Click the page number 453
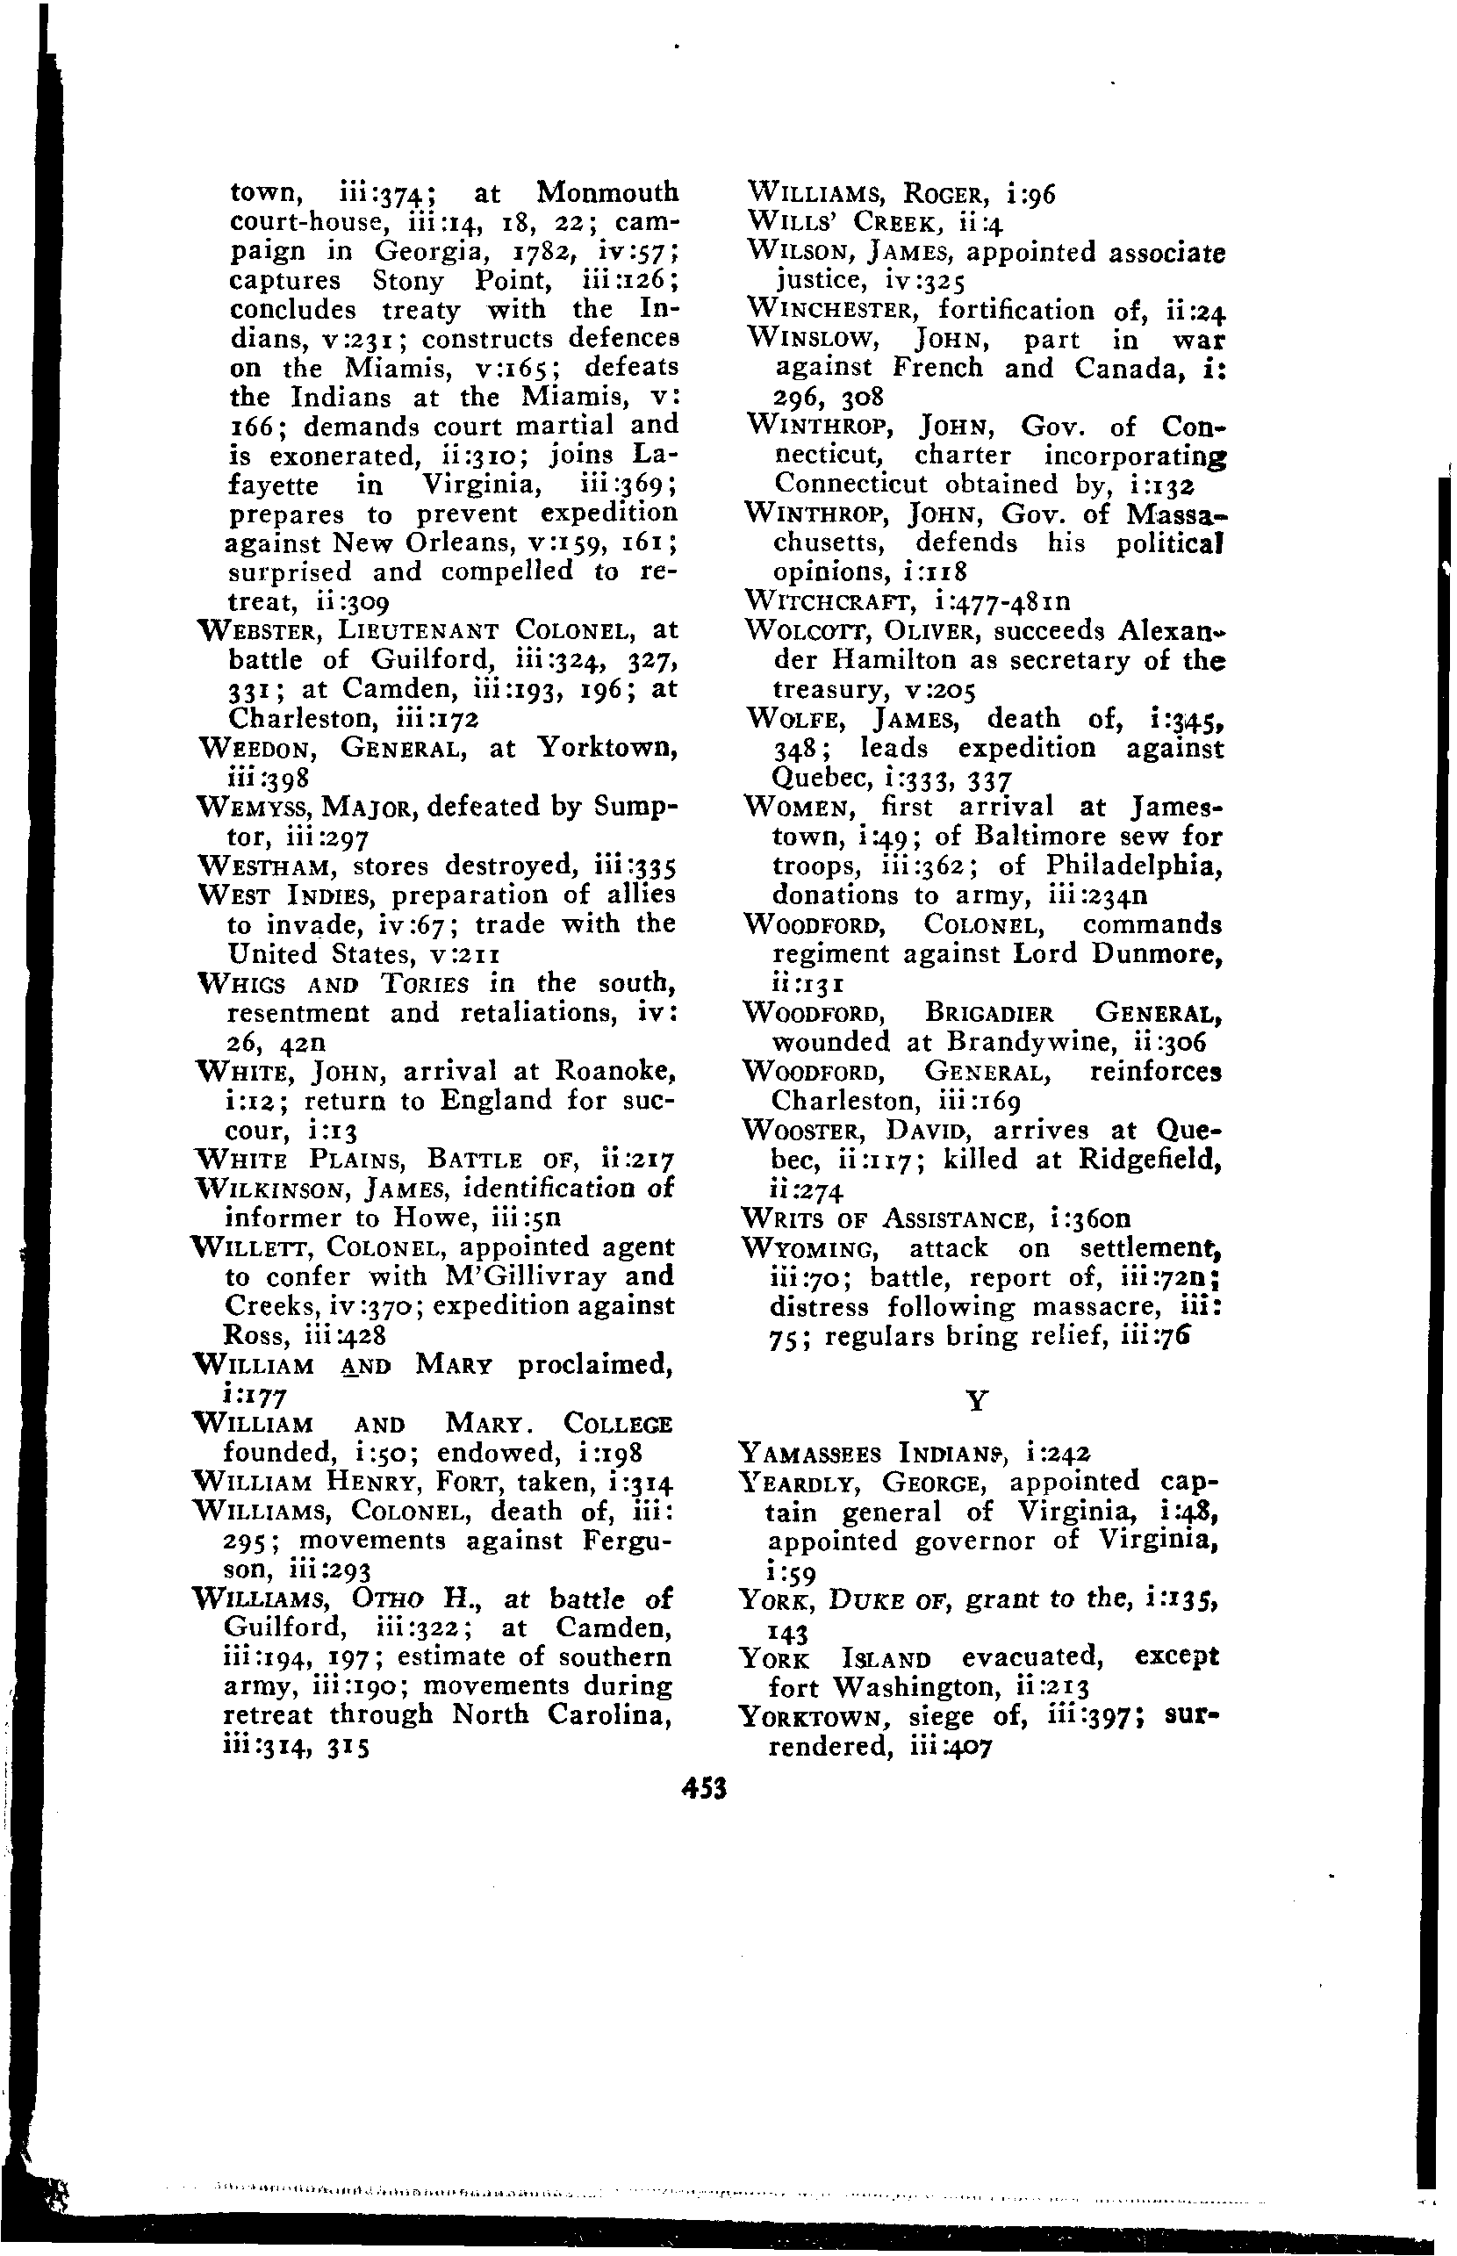click(x=704, y=1787)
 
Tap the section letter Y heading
click(x=979, y=1400)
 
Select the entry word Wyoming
click(x=815, y=1249)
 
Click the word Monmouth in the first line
click(x=606, y=192)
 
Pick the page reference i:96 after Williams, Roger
click(x=1031, y=195)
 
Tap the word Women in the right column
click(x=802, y=808)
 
